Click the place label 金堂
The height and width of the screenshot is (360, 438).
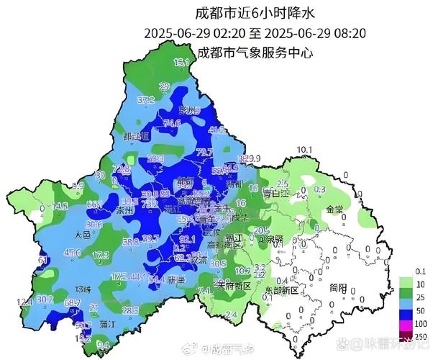[335, 209]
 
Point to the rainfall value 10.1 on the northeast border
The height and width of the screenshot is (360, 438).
[306, 150]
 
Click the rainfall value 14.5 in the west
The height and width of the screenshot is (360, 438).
[60, 206]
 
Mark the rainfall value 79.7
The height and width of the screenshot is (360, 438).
[204, 152]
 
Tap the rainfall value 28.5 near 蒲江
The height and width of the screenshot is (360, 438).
[130, 310]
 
